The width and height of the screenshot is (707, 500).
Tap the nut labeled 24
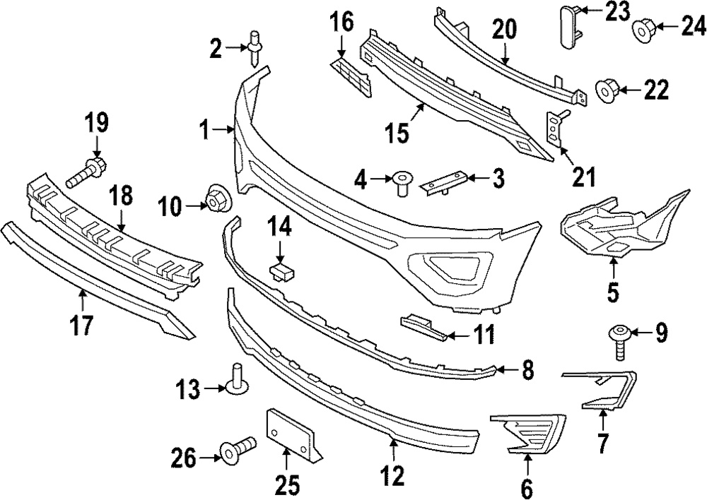643,29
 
